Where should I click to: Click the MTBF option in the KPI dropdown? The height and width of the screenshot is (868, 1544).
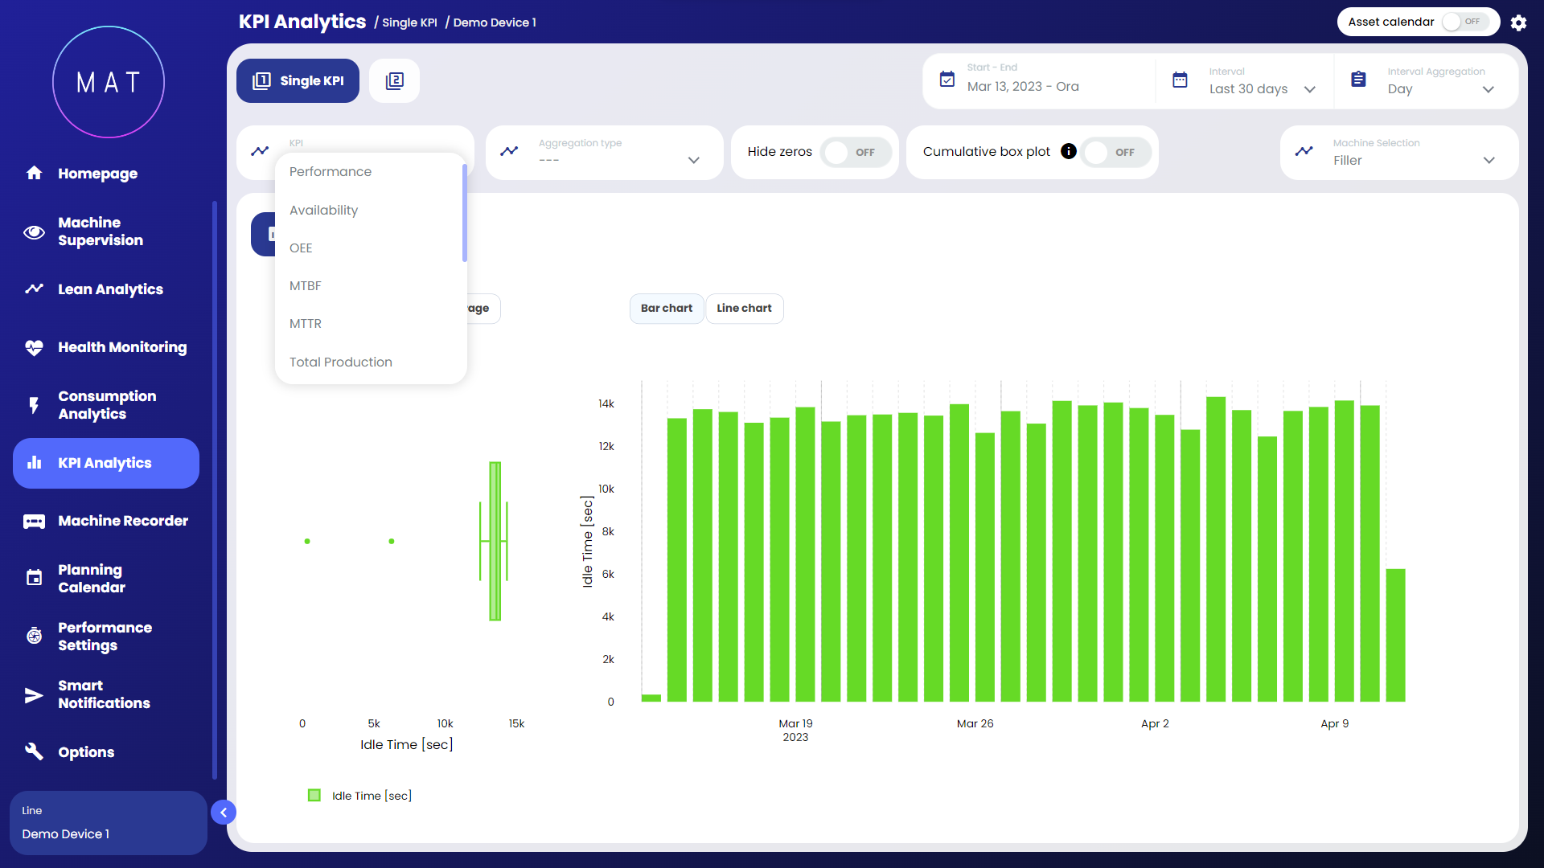(x=306, y=286)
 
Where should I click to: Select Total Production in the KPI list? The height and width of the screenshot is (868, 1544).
(x=341, y=362)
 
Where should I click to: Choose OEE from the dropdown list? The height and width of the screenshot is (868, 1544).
(x=301, y=248)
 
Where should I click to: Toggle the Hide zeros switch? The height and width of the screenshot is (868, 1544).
(x=855, y=153)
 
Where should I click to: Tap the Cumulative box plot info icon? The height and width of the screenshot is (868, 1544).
(x=1068, y=152)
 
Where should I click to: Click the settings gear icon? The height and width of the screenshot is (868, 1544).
(x=1518, y=23)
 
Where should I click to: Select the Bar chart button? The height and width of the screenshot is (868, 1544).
(x=666, y=309)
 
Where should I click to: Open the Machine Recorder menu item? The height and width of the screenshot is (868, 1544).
(x=122, y=521)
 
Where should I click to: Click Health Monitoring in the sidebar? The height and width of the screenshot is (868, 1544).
(x=121, y=347)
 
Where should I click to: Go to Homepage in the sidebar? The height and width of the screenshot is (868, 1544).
(x=97, y=174)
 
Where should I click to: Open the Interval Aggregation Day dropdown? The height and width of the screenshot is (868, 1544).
(x=1439, y=88)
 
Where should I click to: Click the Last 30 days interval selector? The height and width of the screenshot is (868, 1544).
(x=1261, y=88)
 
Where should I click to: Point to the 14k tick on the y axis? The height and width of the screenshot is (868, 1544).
(x=606, y=404)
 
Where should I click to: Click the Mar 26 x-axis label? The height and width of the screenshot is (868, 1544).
(x=975, y=724)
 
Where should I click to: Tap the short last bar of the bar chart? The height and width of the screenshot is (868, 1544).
(x=1395, y=635)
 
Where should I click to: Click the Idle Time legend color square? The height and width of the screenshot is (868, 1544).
(x=314, y=796)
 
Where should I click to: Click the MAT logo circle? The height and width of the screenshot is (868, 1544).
(x=109, y=82)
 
